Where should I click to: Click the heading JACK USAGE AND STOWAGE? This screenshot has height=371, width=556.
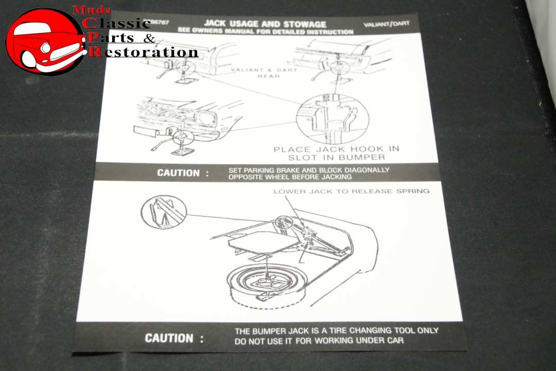coord(265,24)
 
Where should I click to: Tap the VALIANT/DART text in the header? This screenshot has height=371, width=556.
coord(386,24)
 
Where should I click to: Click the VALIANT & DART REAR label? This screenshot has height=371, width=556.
coord(264,73)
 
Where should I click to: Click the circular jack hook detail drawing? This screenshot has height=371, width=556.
coord(333,119)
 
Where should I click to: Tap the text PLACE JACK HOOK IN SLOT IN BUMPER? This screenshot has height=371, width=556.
coord(336,153)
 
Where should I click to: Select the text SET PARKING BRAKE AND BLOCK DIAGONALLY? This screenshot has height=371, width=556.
coord(309,170)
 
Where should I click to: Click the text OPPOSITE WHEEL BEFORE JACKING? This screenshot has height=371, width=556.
coord(290,177)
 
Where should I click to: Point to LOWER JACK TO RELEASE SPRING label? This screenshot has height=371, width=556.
coord(351,191)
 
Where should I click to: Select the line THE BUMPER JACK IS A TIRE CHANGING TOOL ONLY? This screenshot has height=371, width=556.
coord(336,331)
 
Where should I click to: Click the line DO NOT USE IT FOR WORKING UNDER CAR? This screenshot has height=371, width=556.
coord(319,341)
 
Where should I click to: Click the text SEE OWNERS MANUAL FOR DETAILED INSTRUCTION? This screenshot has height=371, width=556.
coord(265,31)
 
